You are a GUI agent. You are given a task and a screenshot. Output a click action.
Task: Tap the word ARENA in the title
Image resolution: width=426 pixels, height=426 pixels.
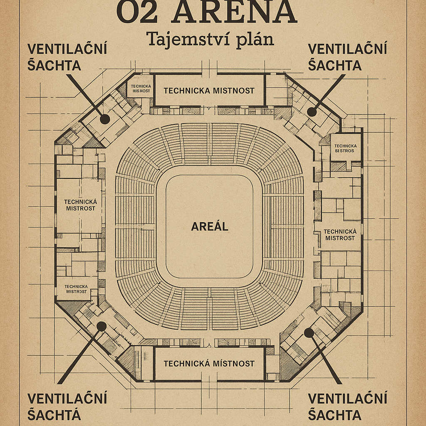[x=235, y=12]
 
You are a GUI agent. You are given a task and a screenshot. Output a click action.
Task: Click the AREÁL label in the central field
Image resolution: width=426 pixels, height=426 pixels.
[x=210, y=227]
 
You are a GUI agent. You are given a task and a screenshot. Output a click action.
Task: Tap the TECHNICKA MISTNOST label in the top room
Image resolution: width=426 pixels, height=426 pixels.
[x=209, y=91]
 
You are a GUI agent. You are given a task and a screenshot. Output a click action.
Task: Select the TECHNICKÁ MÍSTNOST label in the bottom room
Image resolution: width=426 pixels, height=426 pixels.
[x=209, y=364]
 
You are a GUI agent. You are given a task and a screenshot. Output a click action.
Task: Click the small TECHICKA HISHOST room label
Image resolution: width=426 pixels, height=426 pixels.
[x=141, y=88]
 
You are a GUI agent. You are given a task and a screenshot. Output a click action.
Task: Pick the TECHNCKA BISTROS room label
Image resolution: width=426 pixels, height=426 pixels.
[x=345, y=148]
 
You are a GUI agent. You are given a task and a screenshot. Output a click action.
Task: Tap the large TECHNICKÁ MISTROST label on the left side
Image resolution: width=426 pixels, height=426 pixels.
[x=80, y=205]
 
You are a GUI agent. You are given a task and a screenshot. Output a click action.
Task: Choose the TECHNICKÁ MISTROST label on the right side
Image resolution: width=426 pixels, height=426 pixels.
[x=340, y=235]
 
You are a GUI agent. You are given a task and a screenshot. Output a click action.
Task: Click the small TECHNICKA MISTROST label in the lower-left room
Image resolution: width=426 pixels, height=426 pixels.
[x=76, y=289]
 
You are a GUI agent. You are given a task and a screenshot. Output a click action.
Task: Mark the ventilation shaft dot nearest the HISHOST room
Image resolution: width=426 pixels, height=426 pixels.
[x=105, y=119]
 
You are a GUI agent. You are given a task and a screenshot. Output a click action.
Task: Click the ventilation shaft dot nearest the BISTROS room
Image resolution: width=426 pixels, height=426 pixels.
[x=312, y=111]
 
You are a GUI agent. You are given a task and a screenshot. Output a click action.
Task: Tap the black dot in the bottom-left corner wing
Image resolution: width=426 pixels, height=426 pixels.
[x=101, y=326]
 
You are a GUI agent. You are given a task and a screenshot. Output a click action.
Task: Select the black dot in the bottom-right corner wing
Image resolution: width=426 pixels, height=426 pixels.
[x=308, y=332]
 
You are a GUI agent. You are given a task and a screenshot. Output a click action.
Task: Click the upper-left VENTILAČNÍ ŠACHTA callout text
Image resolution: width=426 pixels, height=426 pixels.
[x=67, y=57]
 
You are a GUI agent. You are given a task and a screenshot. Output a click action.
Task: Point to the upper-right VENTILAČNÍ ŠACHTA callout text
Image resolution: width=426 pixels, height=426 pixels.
[x=347, y=57]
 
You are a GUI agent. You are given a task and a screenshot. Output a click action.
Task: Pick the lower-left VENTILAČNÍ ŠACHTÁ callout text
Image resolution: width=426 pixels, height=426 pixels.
[x=67, y=406]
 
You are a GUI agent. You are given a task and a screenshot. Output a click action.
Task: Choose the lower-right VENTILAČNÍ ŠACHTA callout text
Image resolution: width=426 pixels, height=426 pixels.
[x=347, y=406]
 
